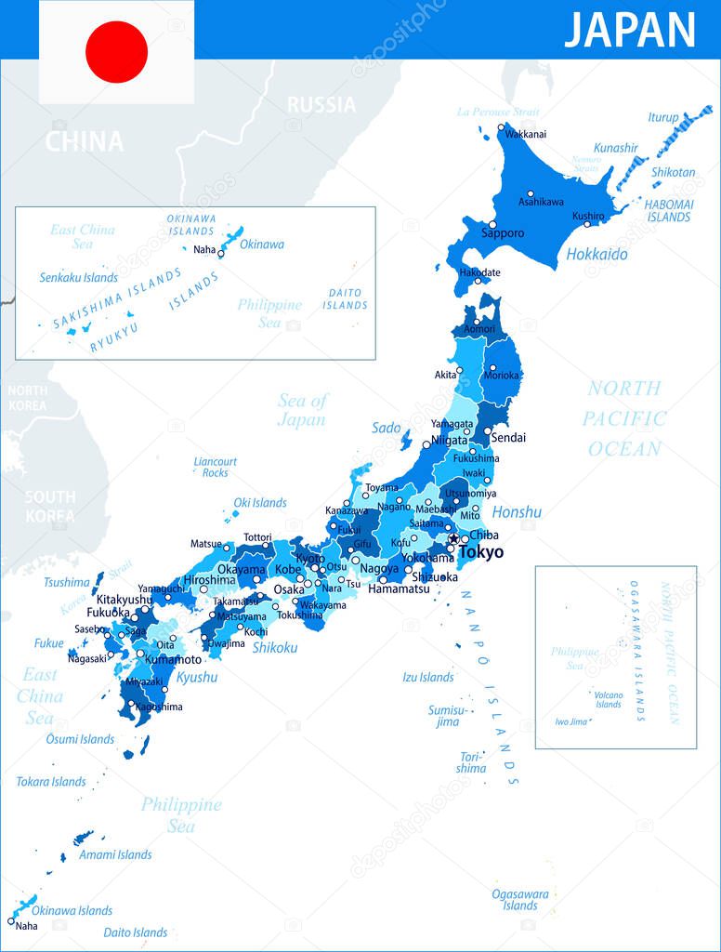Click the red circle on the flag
[117, 52]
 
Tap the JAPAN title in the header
[630, 30]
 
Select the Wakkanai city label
[526, 134]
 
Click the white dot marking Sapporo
[492, 224]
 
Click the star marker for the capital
[453, 538]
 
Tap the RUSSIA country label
[321, 104]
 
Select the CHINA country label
[85, 141]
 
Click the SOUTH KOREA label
[50, 506]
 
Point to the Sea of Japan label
[302, 410]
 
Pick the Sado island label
[387, 428]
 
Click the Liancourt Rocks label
[216, 467]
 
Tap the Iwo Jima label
[572, 721]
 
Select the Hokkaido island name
[596, 254]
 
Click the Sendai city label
[509, 437]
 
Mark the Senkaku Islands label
[79, 277]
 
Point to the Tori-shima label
[471, 762]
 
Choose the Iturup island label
[663, 117]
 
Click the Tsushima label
[67, 582]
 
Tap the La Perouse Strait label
[492, 112]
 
